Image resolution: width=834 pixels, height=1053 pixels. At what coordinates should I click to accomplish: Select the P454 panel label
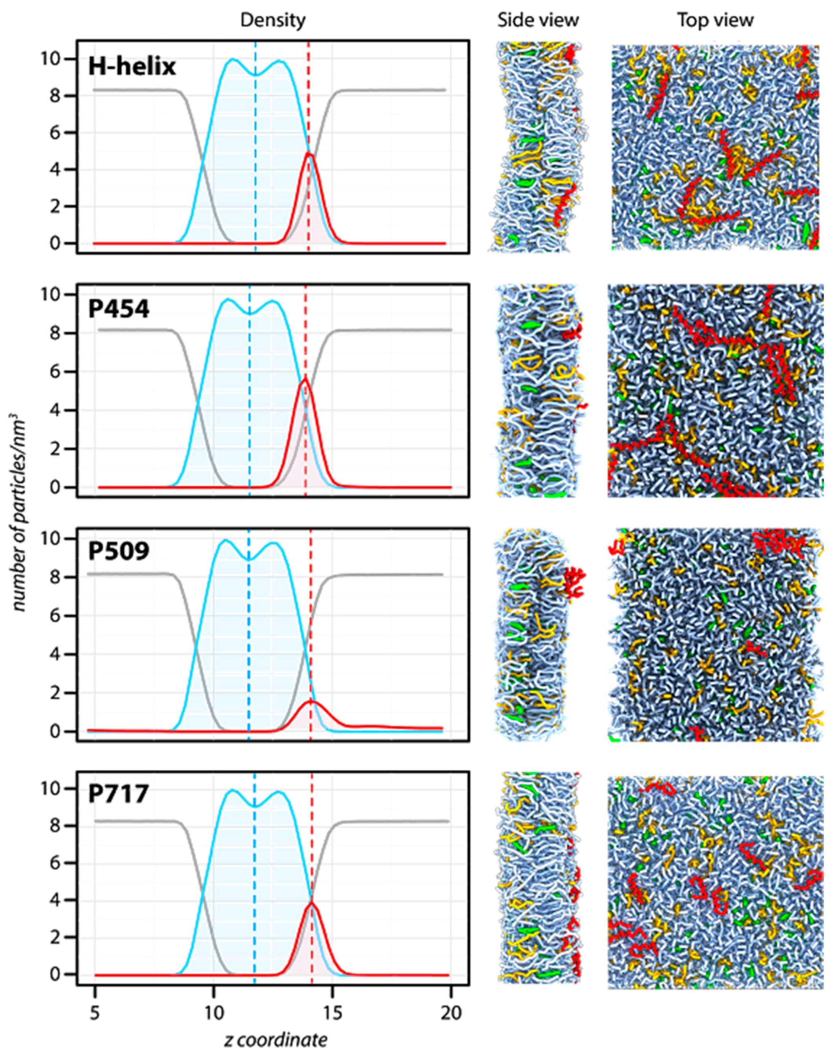click(x=119, y=309)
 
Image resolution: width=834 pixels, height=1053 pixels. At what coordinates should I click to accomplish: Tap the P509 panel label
click(x=119, y=551)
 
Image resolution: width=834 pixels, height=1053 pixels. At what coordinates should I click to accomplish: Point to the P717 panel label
click(x=118, y=794)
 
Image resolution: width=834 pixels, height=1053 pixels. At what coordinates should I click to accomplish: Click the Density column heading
click(x=273, y=20)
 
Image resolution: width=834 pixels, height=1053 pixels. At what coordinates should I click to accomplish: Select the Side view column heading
click(x=538, y=20)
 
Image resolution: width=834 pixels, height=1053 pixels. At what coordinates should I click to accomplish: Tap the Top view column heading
click(x=715, y=20)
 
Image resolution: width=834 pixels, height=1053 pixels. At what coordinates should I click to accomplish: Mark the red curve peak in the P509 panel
click(x=311, y=701)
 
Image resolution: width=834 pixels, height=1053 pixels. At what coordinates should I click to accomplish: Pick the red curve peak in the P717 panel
click(x=312, y=902)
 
